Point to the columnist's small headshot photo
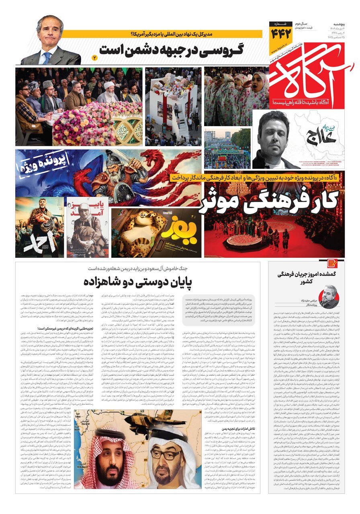coord(329,297)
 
